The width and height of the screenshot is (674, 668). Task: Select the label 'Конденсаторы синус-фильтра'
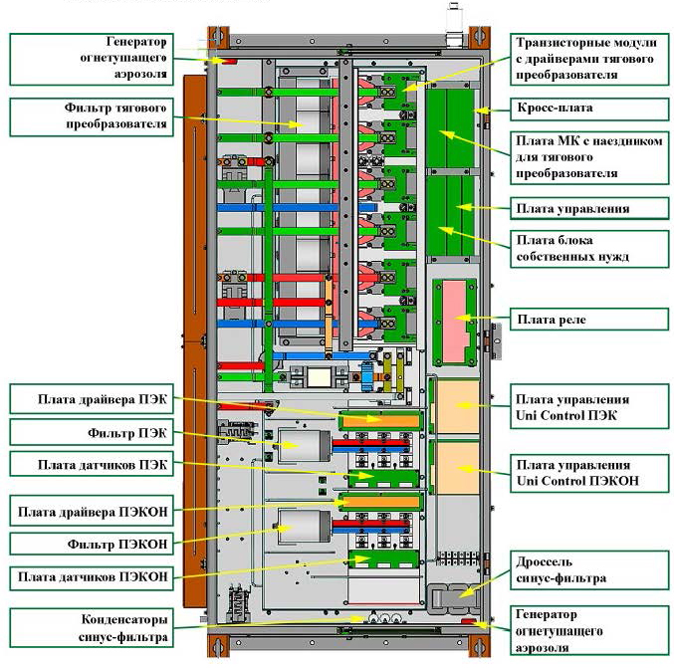[x=92, y=624]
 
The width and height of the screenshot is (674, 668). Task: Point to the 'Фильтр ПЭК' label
[x=92, y=433]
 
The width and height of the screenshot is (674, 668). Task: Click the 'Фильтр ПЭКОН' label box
[x=92, y=545]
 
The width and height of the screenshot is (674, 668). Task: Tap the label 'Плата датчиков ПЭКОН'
[x=92, y=576]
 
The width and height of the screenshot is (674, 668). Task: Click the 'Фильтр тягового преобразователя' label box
[x=92, y=116]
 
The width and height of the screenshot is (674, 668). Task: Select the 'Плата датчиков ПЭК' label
[x=92, y=465]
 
